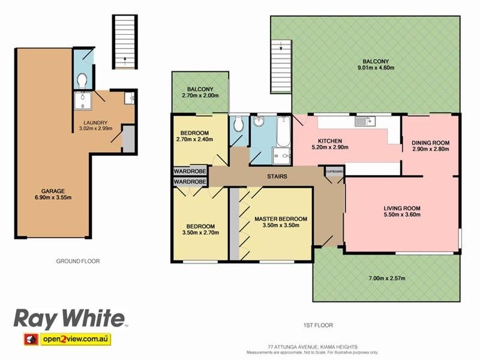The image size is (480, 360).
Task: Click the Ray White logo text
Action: [x=70, y=318]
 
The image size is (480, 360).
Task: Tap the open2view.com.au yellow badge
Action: [x=75, y=340]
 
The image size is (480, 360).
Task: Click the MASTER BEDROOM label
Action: [x=281, y=219]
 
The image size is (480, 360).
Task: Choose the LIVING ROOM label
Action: [x=403, y=208]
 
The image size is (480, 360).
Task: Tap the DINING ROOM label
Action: [x=430, y=142]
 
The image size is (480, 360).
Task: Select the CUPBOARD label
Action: [x=335, y=171]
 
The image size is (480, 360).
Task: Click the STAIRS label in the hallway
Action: [x=277, y=176]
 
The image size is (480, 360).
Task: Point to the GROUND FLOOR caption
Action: [x=78, y=261]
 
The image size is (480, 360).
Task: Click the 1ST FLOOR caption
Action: [x=317, y=325]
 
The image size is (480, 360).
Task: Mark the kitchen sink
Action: [x=365, y=122]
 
